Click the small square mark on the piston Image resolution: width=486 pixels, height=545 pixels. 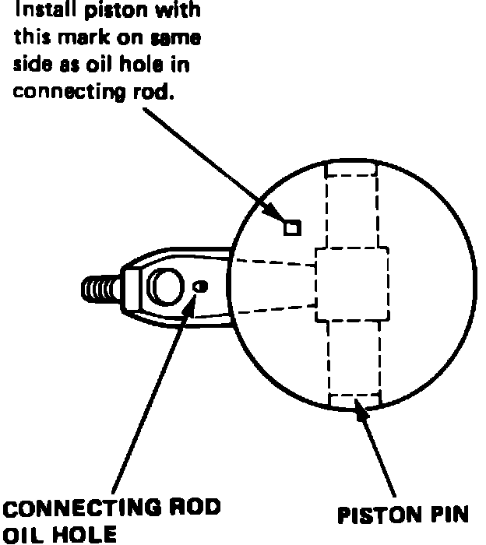(292, 227)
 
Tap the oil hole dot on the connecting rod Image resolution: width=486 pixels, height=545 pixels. (200, 287)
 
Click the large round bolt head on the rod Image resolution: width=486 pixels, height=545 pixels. (166, 287)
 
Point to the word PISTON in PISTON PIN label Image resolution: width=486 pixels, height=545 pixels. (374, 515)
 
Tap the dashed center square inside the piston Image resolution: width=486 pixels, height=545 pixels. (351, 285)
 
